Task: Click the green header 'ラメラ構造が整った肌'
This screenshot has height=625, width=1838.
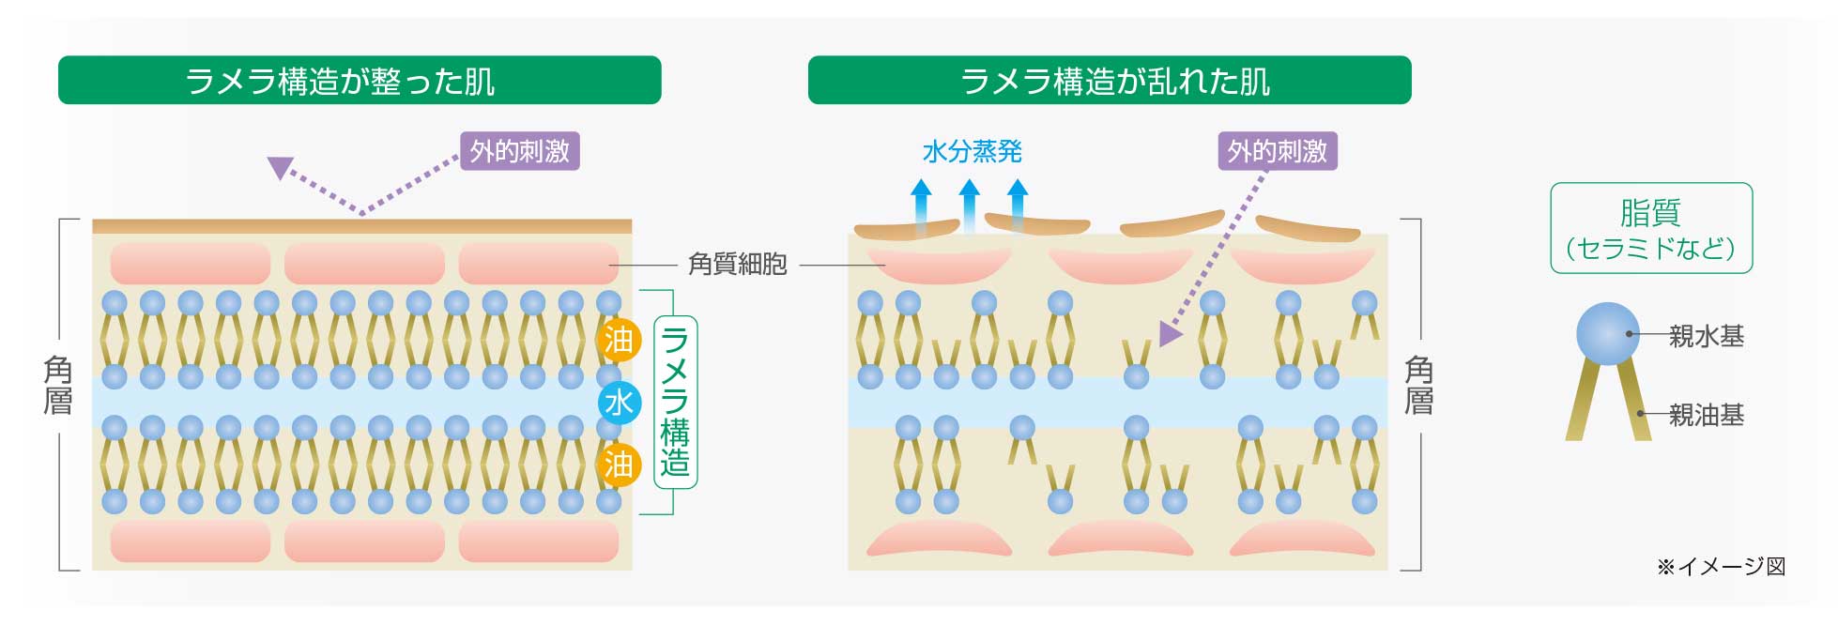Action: click(360, 81)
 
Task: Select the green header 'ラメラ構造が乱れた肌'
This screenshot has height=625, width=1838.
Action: click(1109, 81)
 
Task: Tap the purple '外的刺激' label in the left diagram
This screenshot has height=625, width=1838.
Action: click(519, 151)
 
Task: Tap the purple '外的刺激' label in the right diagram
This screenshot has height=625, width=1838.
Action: click(1277, 151)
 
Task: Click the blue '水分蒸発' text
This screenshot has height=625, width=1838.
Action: click(972, 151)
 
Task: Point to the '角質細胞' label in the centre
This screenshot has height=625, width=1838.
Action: click(737, 265)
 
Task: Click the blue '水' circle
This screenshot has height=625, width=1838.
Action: click(619, 403)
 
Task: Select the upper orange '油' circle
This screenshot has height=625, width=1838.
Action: click(619, 340)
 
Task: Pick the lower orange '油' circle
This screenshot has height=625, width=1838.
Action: click(619, 465)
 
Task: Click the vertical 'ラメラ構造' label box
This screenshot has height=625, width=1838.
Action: click(675, 402)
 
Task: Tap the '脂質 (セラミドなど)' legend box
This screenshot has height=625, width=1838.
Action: click(1650, 228)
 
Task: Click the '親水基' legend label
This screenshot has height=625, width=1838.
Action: click(1706, 336)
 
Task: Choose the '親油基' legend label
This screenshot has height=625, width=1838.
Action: click(1706, 415)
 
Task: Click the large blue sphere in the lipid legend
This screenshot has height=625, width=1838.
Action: click(1607, 333)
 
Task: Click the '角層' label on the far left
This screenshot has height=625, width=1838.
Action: click(58, 386)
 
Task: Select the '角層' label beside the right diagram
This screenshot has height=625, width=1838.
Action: click(1417, 386)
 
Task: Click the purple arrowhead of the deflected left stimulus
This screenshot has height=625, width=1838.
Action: click(280, 167)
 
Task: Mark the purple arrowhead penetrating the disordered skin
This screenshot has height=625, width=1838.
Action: click(1169, 333)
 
